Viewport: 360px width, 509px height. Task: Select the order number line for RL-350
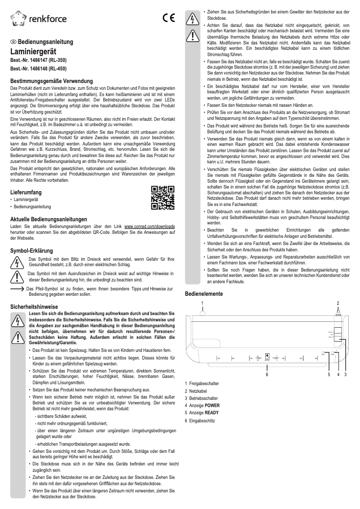[x=38, y=60]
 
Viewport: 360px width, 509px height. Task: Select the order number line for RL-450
[x=38, y=69]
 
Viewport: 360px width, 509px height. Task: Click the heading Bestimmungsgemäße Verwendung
[x=51, y=81]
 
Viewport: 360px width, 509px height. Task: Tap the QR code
[x=162, y=197]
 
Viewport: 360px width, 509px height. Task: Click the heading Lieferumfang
[x=26, y=192]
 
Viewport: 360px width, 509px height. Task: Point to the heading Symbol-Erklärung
[x=32, y=250]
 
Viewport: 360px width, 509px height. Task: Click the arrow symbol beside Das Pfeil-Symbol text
[x=18, y=289]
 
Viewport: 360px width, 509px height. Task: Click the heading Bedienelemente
[x=204, y=294]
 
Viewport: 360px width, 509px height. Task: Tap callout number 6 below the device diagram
[x=267, y=374]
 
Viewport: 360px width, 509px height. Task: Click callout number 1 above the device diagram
[x=202, y=303]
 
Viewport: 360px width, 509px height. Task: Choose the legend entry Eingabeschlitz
[x=202, y=421]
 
